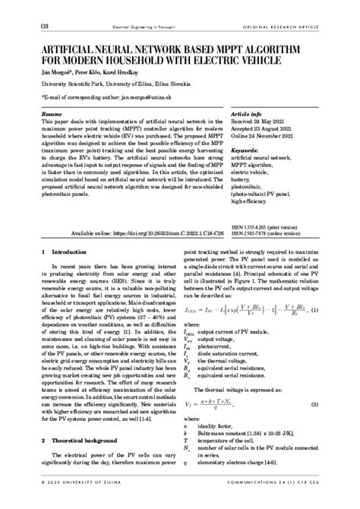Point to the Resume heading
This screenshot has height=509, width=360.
click(52, 112)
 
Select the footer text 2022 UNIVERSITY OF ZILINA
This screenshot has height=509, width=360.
click(77, 501)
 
